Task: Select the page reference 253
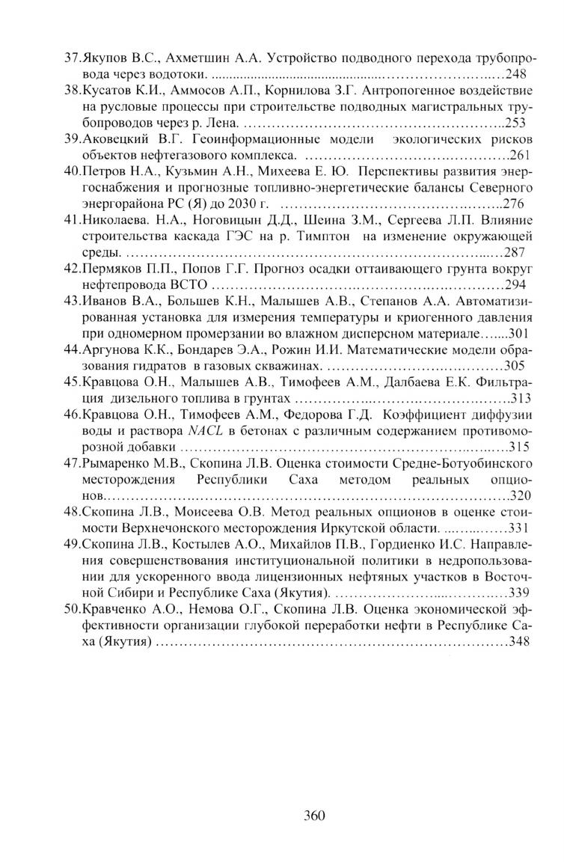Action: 517,123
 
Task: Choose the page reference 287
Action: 517,252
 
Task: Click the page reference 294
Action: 516,285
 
